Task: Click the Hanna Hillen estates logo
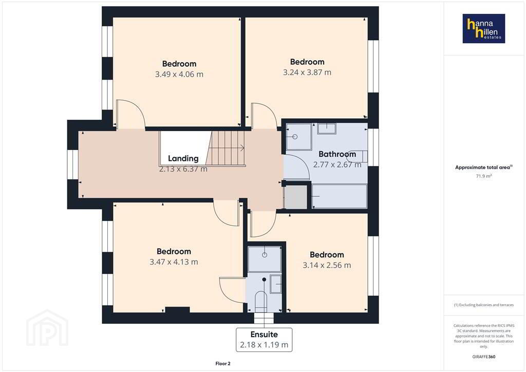point(484,28)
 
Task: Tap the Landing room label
point(183,158)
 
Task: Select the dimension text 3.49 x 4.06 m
point(179,74)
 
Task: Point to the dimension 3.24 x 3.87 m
point(307,72)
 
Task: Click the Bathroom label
point(337,154)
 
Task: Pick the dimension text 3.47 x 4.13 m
point(174,262)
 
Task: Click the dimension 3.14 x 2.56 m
point(327,265)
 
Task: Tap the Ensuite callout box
point(264,340)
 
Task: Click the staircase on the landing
point(226,148)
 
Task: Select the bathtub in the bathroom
point(340,196)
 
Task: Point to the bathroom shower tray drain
point(295,137)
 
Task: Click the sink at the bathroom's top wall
point(327,128)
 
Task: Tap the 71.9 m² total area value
point(484,176)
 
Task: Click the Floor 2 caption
point(223,364)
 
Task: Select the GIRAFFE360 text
point(484,357)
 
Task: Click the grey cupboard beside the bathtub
point(295,197)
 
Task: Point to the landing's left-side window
point(73,164)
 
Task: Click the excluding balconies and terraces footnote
point(484,305)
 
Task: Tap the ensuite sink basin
point(276,284)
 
